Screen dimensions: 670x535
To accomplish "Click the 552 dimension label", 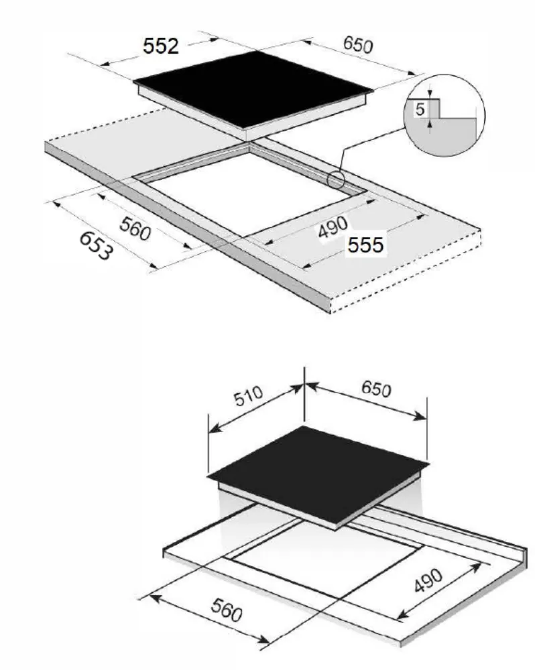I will (x=161, y=46).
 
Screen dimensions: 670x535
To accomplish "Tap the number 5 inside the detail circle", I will (x=420, y=110).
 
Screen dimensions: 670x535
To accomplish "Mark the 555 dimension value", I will (x=365, y=245).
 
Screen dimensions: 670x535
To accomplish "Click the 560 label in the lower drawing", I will (x=225, y=610).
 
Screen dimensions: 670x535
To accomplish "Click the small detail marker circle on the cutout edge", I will (x=335, y=179).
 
